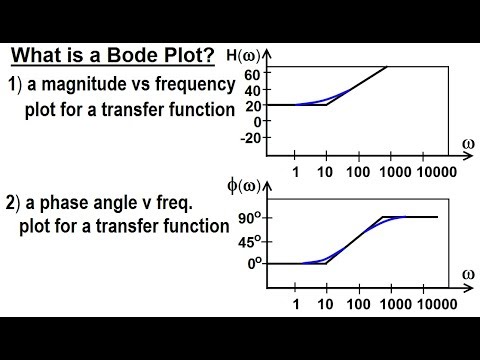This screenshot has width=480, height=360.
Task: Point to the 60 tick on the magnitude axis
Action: (x=253, y=73)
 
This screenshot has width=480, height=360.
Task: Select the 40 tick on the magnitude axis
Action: (x=253, y=89)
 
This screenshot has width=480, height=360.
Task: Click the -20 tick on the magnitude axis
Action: (x=250, y=138)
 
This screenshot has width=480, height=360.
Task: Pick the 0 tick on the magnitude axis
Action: (x=256, y=121)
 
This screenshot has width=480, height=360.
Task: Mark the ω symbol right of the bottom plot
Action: (x=466, y=273)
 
